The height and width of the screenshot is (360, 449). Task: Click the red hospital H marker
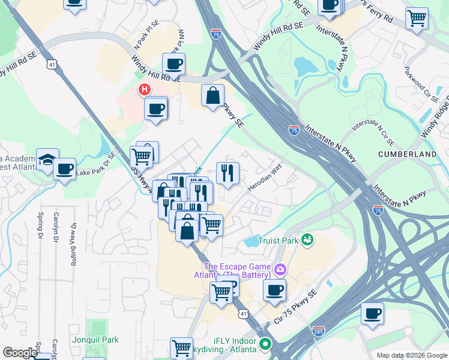click(145, 91)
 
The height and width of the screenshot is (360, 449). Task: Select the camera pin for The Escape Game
click(280, 269)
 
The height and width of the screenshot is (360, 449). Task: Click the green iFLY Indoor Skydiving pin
click(265, 346)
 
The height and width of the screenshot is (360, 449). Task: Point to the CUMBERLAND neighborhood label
click(407, 154)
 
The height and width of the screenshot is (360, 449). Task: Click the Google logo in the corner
click(20, 353)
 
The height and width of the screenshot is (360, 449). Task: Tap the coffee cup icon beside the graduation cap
click(65, 169)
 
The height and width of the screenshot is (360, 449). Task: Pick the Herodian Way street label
click(265, 178)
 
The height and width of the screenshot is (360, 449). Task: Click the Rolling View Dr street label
click(74, 244)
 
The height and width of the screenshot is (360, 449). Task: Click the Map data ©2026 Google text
click(412, 355)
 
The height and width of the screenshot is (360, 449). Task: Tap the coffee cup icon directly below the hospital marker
click(156, 109)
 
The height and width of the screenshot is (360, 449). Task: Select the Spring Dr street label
click(40, 223)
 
